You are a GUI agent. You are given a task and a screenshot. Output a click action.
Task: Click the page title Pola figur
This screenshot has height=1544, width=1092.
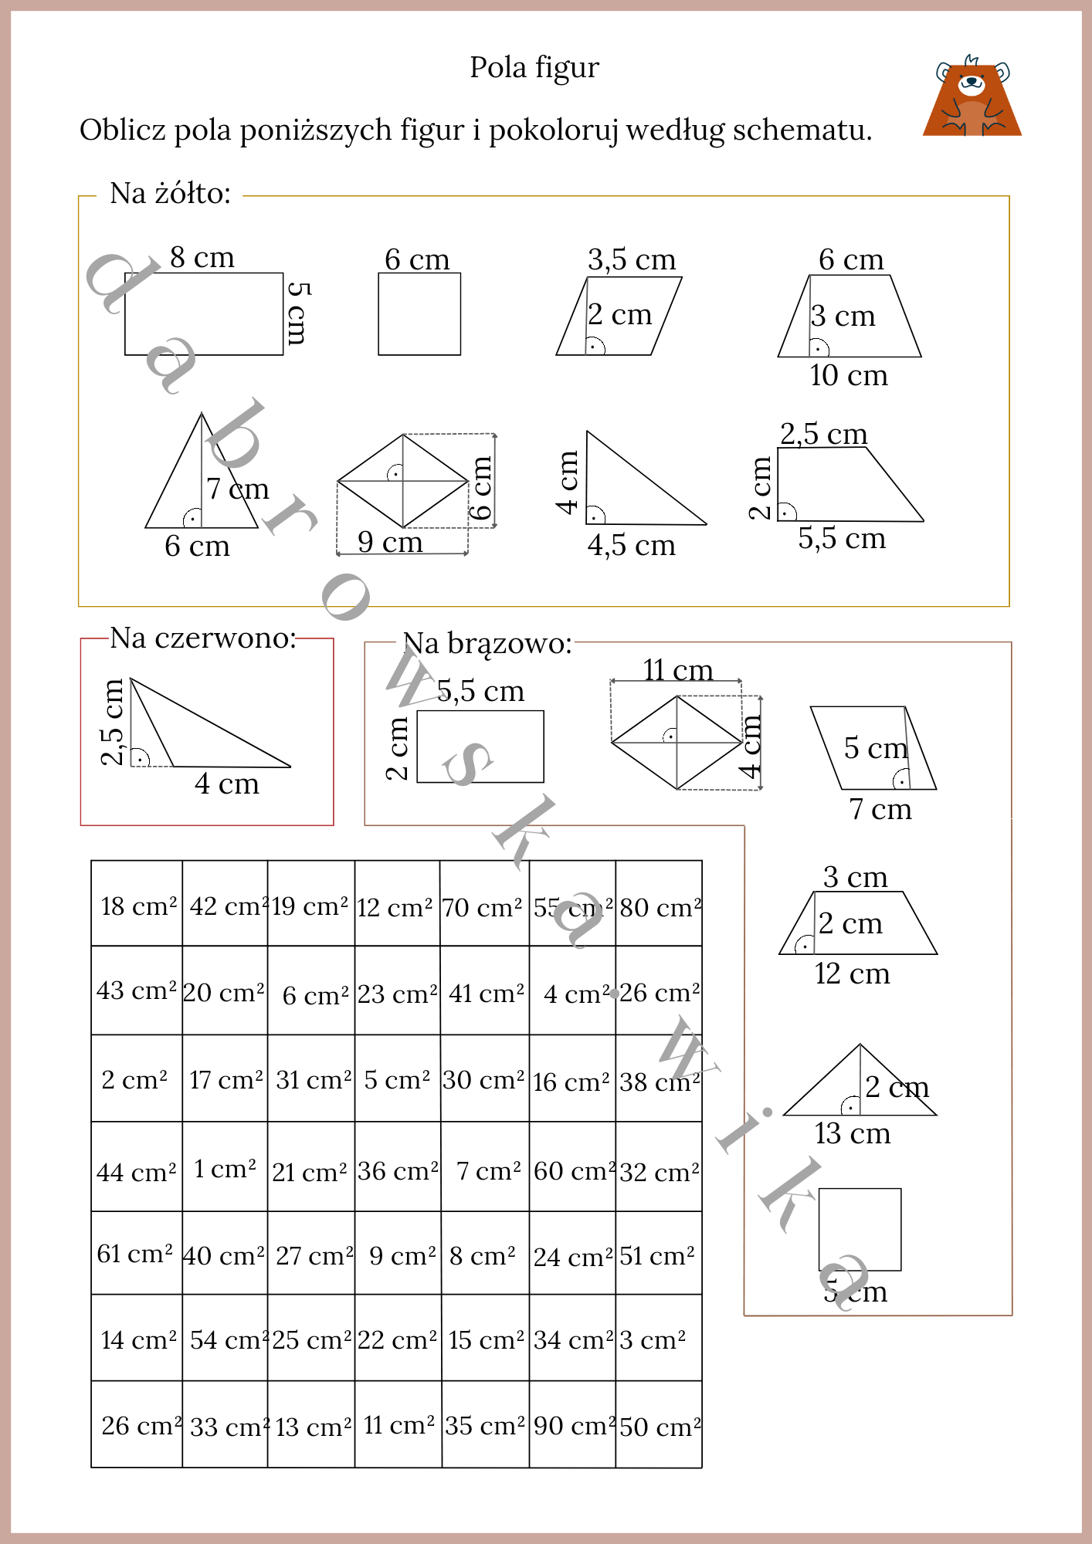pyautogui.click(x=534, y=68)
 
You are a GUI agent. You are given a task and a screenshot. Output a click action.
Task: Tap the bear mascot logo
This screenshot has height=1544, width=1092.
pyautogui.click(x=972, y=97)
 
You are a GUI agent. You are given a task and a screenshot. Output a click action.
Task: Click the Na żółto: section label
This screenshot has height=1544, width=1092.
pyautogui.click(x=170, y=194)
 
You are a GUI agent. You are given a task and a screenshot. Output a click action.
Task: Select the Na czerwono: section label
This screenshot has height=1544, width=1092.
pyautogui.click(x=202, y=638)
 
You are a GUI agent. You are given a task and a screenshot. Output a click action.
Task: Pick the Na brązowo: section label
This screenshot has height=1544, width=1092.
pyautogui.click(x=487, y=643)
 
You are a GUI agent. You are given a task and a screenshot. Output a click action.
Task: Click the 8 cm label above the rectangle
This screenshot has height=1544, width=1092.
pyautogui.click(x=202, y=257)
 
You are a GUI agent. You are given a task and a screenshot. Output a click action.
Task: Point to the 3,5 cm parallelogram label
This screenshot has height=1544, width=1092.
pyautogui.click(x=631, y=259)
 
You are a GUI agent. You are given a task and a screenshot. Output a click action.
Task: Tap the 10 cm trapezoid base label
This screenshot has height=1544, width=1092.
pyautogui.click(x=848, y=376)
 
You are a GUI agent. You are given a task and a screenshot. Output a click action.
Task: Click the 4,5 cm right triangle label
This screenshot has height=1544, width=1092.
pyautogui.click(x=630, y=546)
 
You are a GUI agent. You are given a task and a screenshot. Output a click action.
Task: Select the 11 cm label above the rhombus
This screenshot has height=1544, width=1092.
pyautogui.click(x=677, y=670)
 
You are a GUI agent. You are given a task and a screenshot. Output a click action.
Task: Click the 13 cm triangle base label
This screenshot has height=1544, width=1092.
pyautogui.click(x=852, y=1133)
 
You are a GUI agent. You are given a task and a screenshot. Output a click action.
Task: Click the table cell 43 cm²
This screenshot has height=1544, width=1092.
pyautogui.click(x=137, y=990)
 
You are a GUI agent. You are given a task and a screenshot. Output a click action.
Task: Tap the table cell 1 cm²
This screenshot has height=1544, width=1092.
pyautogui.click(x=225, y=1169)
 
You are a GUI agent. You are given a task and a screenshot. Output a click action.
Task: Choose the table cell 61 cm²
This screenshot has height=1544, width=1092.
pyautogui.click(x=135, y=1254)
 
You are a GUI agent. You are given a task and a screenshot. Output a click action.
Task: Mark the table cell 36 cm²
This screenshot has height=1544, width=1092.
pyautogui.click(x=398, y=1171)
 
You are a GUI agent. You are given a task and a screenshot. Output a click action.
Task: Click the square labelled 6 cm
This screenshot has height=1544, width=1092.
pyautogui.click(x=419, y=313)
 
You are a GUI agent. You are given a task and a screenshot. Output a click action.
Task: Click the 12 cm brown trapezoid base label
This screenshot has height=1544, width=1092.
pyautogui.click(x=852, y=974)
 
